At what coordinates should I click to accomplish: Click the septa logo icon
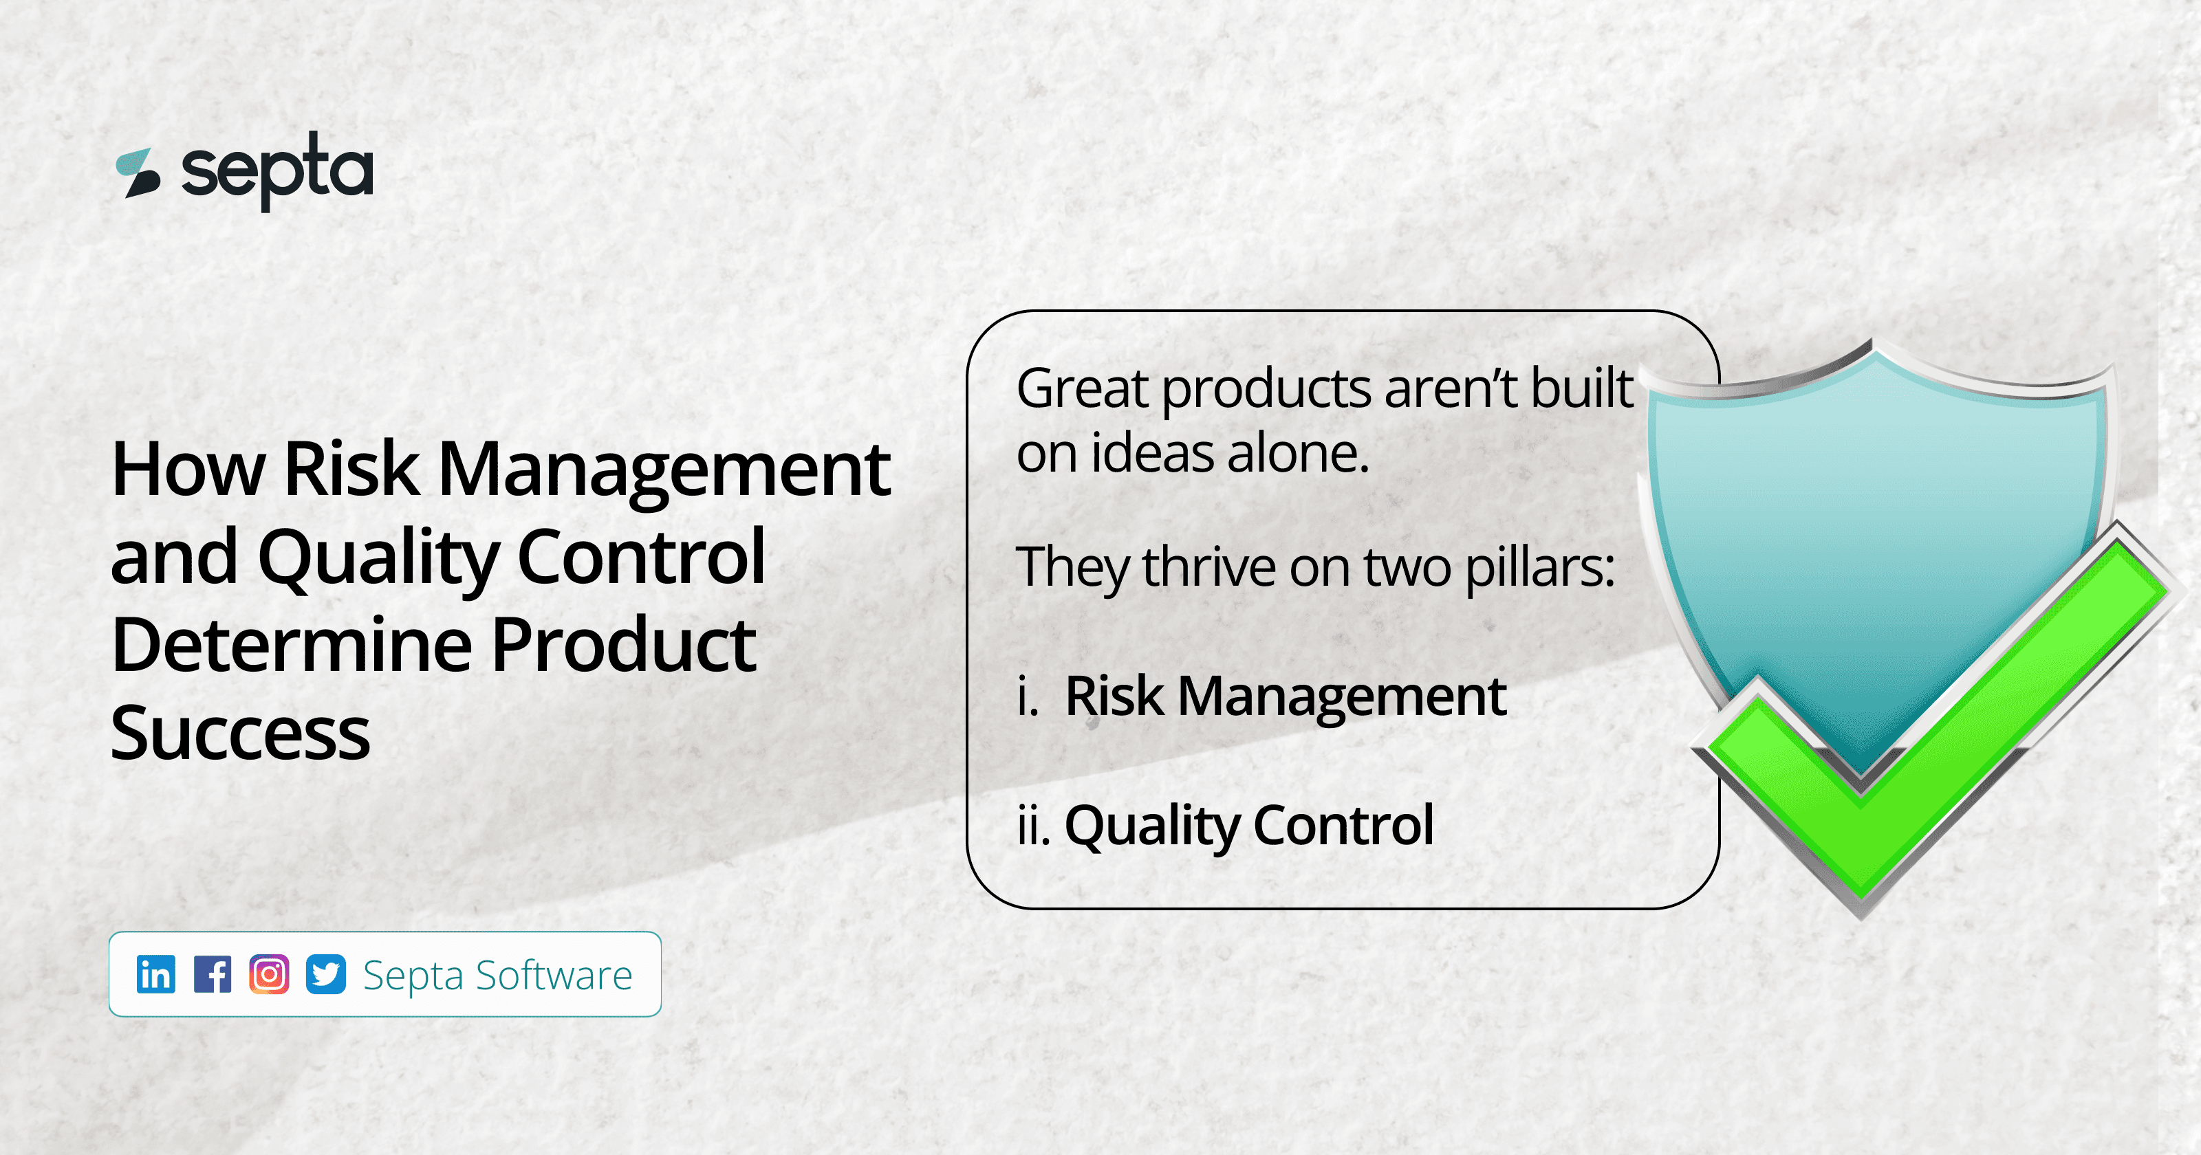point(138,173)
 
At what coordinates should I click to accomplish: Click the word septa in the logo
point(277,171)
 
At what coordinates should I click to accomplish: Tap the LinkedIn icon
point(155,974)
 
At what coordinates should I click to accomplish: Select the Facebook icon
point(212,974)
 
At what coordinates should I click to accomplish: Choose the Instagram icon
point(269,974)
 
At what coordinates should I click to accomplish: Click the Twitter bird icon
point(325,974)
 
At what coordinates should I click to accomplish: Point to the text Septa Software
point(497,975)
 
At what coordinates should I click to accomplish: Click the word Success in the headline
point(240,734)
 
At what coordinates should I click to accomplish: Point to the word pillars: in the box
point(1540,567)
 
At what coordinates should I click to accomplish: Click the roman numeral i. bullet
point(1028,697)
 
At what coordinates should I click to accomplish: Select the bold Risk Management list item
point(1285,696)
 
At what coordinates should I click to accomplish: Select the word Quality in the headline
point(378,558)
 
